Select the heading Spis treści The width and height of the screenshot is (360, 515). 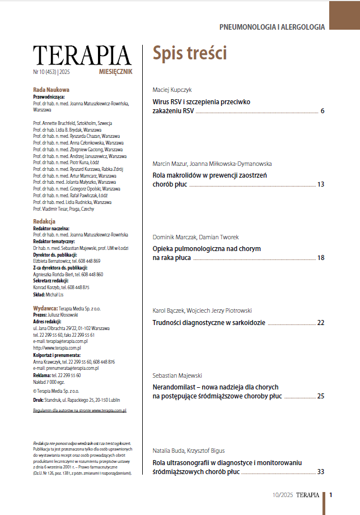[x=190, y=53]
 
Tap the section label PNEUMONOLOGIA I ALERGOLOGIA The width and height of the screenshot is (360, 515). [x=272, y=26]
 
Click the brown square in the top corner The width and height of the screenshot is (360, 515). [x=344, y=15]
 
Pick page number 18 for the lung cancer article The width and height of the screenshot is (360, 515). [x=321, y=258]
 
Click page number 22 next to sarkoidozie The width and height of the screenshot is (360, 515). [x=321, y=323]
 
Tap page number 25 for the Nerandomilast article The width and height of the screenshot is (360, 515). [x=321, y=396]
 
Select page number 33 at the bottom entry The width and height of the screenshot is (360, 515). [x=321, y=472]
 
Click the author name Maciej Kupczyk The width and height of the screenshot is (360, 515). [x=173, y=90]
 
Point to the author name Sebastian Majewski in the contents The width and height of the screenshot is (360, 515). [x=177, y=375]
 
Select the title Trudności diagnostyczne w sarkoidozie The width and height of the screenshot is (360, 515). [x=209, y=323]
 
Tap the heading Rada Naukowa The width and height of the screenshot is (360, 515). [x=51, y=90]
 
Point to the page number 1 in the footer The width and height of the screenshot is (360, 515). [x=331, y=495]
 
